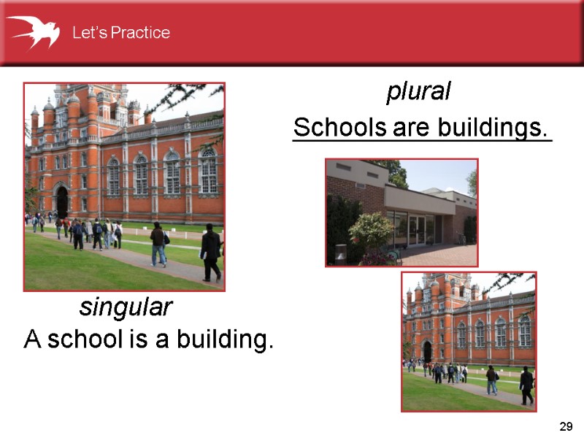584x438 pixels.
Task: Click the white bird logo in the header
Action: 34,31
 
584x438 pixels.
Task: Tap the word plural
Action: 418,92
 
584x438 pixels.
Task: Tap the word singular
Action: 126,307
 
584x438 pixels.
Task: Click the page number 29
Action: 564,426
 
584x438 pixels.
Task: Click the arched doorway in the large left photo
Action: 62,201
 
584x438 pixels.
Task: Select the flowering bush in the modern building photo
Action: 370,232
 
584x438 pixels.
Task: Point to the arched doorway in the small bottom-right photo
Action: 428,351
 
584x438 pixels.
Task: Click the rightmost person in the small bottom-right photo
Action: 526,385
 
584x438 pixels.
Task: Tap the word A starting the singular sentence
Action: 31,339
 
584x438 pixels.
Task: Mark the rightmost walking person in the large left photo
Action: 210,253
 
